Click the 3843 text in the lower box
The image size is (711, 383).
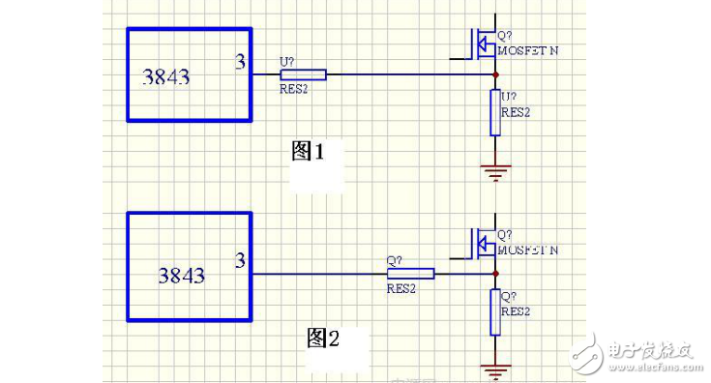(181, 276)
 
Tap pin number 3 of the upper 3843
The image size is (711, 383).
(240, 63)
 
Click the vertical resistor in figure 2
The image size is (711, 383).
(495, 311)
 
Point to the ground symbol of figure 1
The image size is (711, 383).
(495, 172)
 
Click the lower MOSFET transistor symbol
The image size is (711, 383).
(480, 242)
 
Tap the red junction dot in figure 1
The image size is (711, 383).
(495, 74)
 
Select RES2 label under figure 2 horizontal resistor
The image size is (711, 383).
(401, 288)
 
